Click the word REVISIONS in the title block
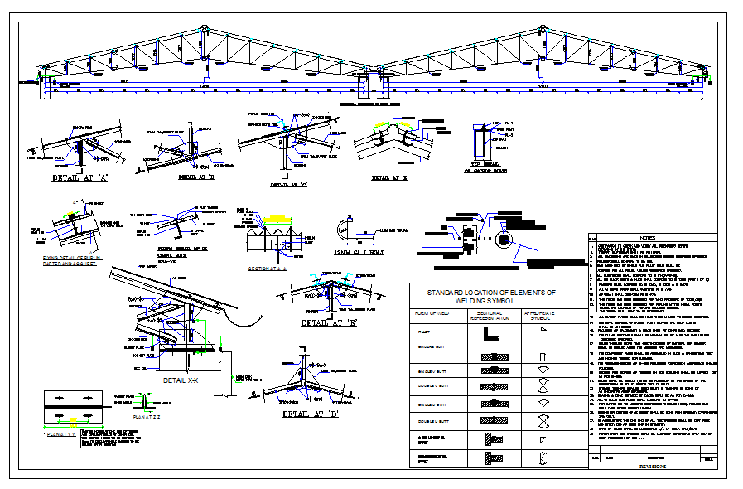[652, 467]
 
